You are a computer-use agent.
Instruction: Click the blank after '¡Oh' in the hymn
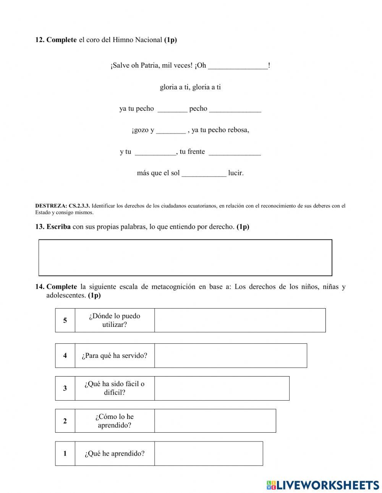(238, 66)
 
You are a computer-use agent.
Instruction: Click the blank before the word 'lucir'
(204, 173)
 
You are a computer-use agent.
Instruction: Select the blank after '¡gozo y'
(171, 130)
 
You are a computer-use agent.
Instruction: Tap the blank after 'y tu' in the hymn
(155, 152)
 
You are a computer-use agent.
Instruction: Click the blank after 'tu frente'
(235, 152)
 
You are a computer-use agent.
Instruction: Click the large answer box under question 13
(185, 258)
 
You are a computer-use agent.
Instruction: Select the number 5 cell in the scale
(65, 320)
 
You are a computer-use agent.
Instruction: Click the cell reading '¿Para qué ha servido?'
(115, 356)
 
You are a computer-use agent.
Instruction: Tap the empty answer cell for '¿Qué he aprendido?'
(209, 454)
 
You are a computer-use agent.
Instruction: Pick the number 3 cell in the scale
(65, 388)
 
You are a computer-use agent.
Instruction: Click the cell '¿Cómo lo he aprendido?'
(115, 421)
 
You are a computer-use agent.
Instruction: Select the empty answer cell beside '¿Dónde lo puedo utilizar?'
(240, 320)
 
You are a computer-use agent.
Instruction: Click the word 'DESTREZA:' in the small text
(51, 206)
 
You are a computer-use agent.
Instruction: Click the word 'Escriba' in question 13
(58, 227)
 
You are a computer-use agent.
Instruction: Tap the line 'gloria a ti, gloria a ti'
(190, 87)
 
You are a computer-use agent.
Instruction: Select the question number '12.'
(40, 40)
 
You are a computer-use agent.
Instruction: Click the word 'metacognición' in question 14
(173, 287)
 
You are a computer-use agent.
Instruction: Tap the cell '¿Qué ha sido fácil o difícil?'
(115, 388)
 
